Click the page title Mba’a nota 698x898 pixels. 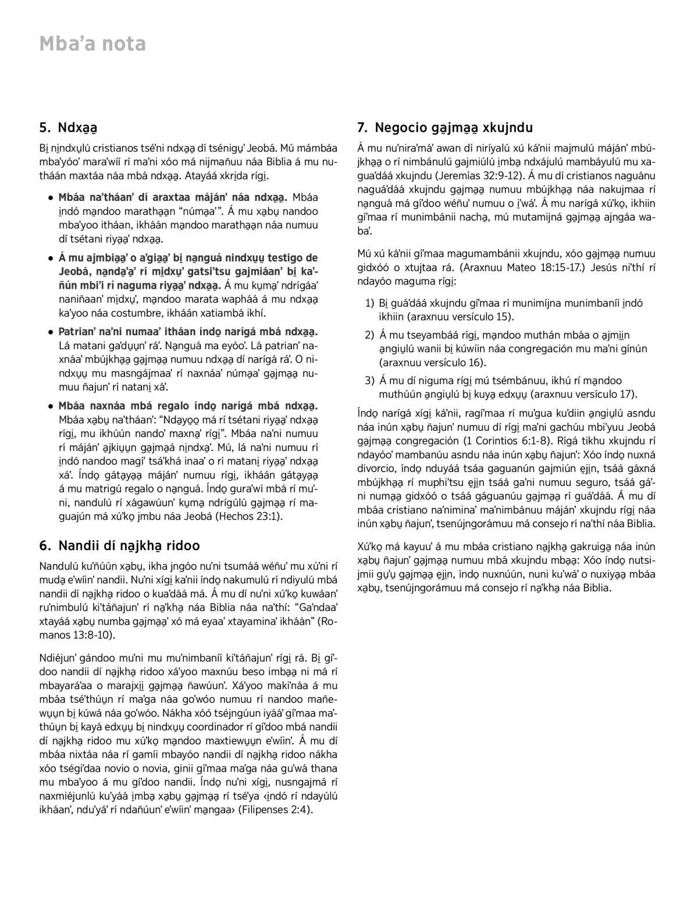click(x=92, y=44)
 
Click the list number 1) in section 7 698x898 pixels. click(x=369, y=303)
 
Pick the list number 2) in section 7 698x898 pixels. click(x=369, y=335)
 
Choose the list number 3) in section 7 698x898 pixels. click(x=369, y=381)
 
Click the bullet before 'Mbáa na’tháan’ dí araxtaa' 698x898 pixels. click(x=52, y=198)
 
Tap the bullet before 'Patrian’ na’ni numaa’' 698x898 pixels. click(x=52, y=332)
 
